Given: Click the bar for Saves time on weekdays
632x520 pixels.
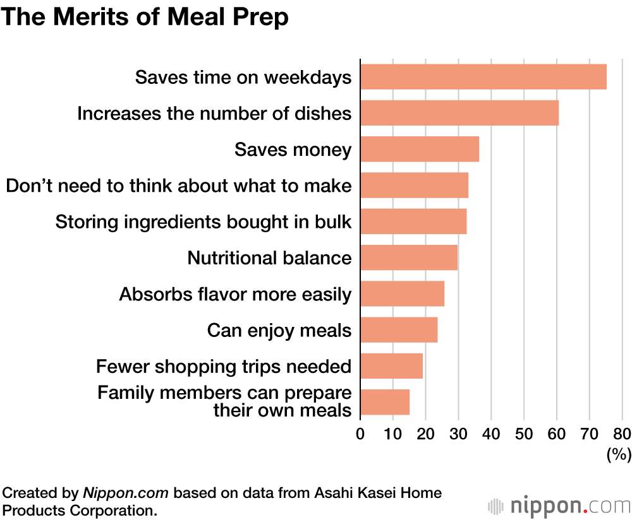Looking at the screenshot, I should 483,77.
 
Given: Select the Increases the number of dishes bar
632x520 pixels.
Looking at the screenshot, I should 459,113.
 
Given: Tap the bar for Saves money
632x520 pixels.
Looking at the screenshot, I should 420,150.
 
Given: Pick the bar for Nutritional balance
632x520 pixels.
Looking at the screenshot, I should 409,257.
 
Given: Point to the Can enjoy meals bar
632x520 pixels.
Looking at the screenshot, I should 399,329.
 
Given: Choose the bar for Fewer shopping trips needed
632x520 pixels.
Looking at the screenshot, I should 391,366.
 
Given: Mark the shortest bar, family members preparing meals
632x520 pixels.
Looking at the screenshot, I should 385,402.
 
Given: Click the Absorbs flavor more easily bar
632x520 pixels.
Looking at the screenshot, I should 402,294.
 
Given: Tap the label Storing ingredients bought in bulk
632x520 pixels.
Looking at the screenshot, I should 204,222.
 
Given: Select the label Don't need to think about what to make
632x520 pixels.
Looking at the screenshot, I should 178,186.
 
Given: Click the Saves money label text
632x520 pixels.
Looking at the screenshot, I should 293,150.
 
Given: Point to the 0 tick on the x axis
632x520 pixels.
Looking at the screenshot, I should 360,434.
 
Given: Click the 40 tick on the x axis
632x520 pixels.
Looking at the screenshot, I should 491,434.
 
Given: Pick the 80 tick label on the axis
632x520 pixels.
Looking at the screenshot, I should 622,434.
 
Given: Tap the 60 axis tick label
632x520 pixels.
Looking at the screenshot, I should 557,434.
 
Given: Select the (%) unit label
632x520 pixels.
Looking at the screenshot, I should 619,454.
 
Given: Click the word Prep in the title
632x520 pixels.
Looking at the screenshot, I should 258,17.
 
